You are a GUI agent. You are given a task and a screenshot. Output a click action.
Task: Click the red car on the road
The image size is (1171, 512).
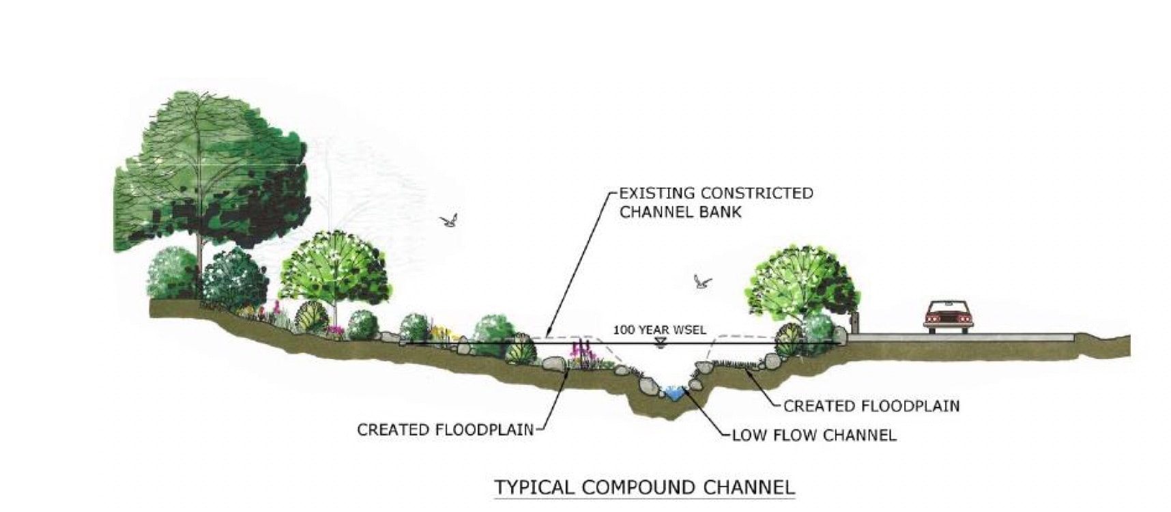click(946, 317)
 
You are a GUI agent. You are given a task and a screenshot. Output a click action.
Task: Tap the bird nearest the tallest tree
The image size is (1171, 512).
click(448, 220)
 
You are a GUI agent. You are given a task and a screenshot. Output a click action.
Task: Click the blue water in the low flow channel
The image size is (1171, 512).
click(673, 393)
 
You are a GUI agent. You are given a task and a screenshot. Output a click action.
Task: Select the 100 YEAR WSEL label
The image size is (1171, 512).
click(659, 330)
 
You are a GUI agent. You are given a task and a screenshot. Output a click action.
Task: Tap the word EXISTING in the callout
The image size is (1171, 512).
click(657, 193)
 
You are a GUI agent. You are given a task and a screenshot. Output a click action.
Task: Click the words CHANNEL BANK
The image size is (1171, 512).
click(680, 212)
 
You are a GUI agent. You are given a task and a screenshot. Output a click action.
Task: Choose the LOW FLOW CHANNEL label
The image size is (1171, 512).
click(813, 435)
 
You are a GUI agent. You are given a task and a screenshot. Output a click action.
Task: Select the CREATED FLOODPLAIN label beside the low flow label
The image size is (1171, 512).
click(871, 406)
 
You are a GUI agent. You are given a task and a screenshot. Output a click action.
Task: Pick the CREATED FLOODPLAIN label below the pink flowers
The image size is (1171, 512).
click(445, 430)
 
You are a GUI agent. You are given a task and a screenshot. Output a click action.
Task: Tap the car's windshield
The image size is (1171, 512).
click(946, 307)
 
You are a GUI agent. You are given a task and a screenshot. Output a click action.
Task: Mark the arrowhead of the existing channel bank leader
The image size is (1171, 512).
click(548, 335)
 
